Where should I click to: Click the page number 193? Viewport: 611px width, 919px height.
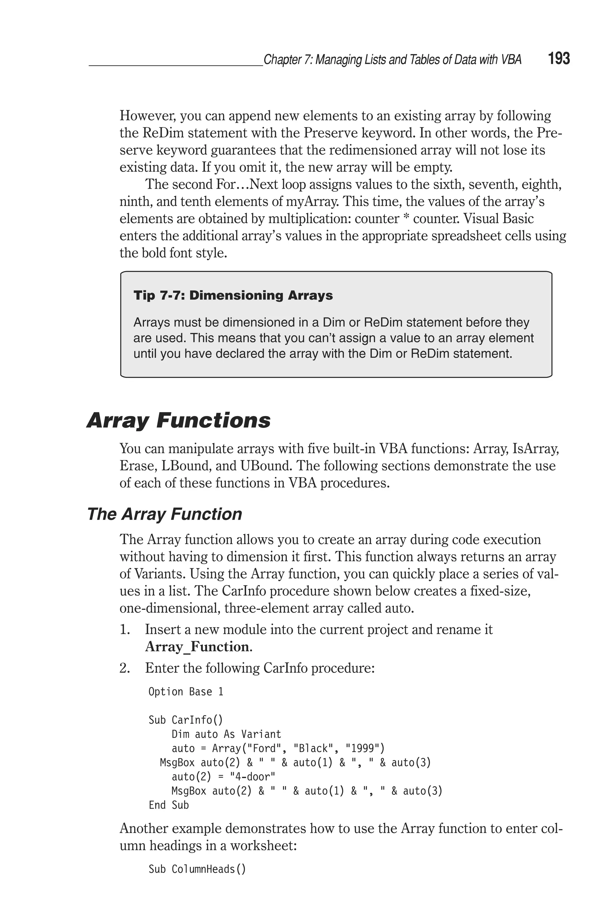tap(559, 59)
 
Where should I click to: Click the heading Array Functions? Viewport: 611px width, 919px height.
tap(178, 421)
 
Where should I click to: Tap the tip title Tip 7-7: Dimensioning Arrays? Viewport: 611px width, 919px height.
tap(233, 295)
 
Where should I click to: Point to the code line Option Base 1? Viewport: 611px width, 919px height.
tap(186, 692)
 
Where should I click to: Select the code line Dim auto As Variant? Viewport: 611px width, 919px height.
tap(226, 734)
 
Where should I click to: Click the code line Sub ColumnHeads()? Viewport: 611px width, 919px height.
tap(197, 869)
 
